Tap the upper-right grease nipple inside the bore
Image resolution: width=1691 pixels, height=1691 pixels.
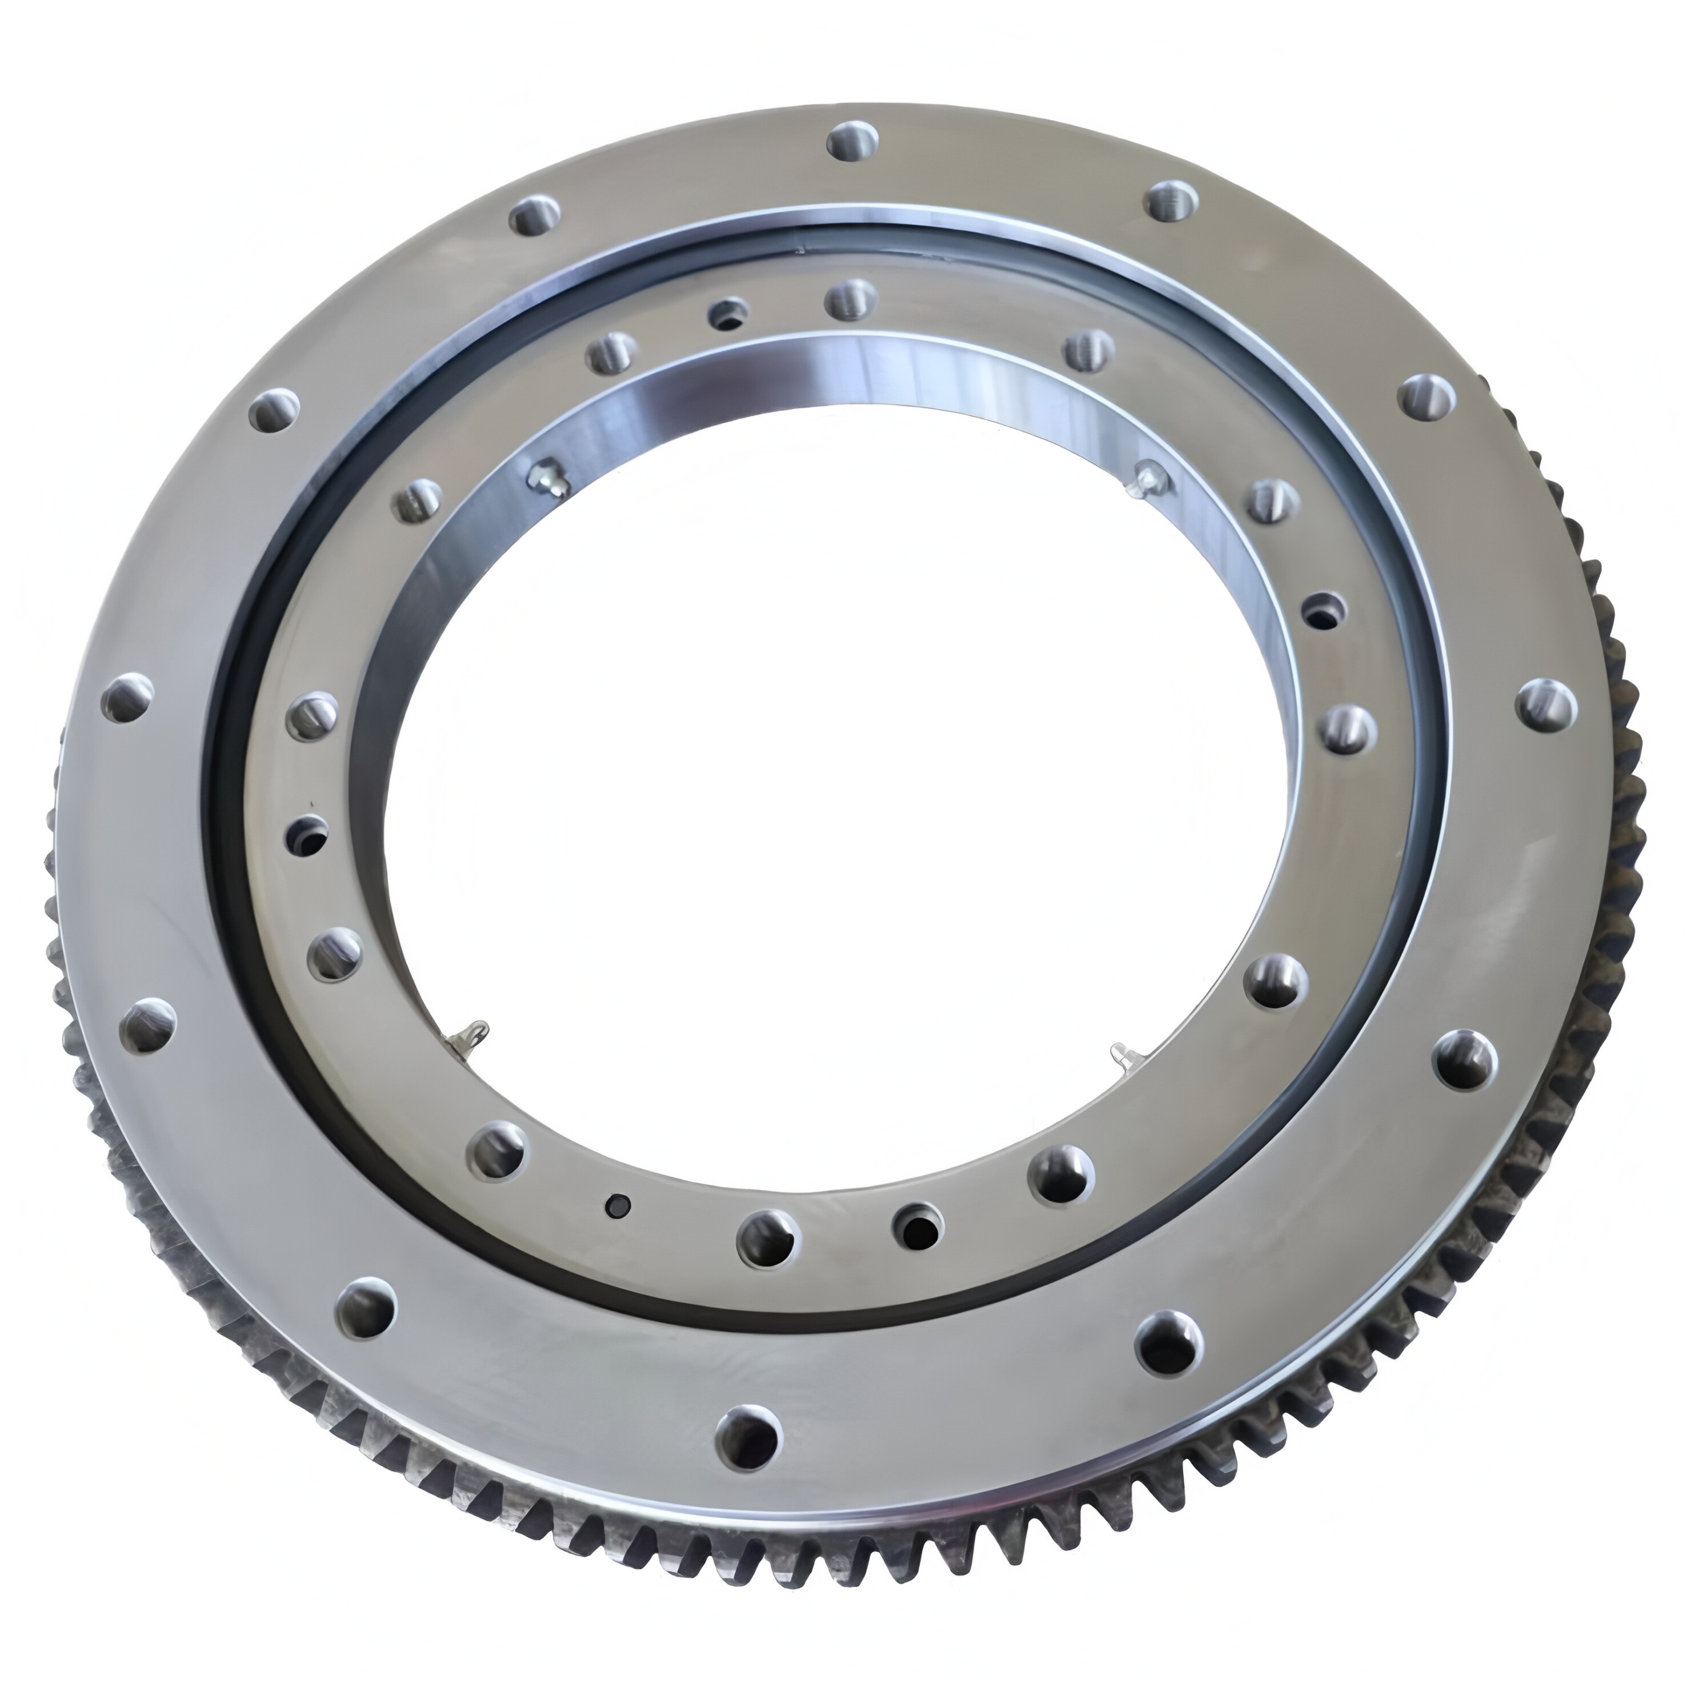coord(1147,478)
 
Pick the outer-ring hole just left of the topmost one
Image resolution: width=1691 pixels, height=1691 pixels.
coord(536,215)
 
